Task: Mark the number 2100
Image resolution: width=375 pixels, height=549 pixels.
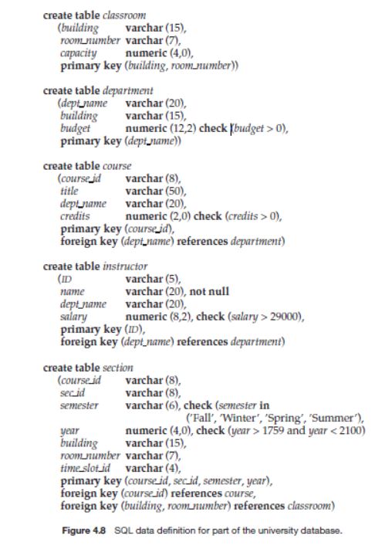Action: tap(350, 431)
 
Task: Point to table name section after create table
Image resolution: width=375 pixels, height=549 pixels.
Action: tap(118, 368)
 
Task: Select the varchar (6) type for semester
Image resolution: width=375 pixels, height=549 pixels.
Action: tap(144, 405)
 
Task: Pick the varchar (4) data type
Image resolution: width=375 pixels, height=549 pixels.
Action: tap(144, 468)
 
